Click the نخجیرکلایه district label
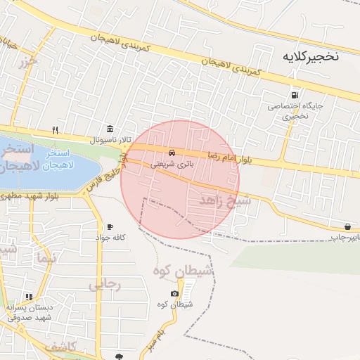click(x=310, y=56)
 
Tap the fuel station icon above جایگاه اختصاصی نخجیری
click(x=293, y=95)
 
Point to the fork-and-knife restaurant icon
click(x=55, y=130)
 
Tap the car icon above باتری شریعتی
click(x=172, y=153)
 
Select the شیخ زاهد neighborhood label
click(x=225, y=202)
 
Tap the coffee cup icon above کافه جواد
click(x=110, y=226)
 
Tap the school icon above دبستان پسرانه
click(x=29, y=297)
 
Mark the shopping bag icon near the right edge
click(x=348, y=226)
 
